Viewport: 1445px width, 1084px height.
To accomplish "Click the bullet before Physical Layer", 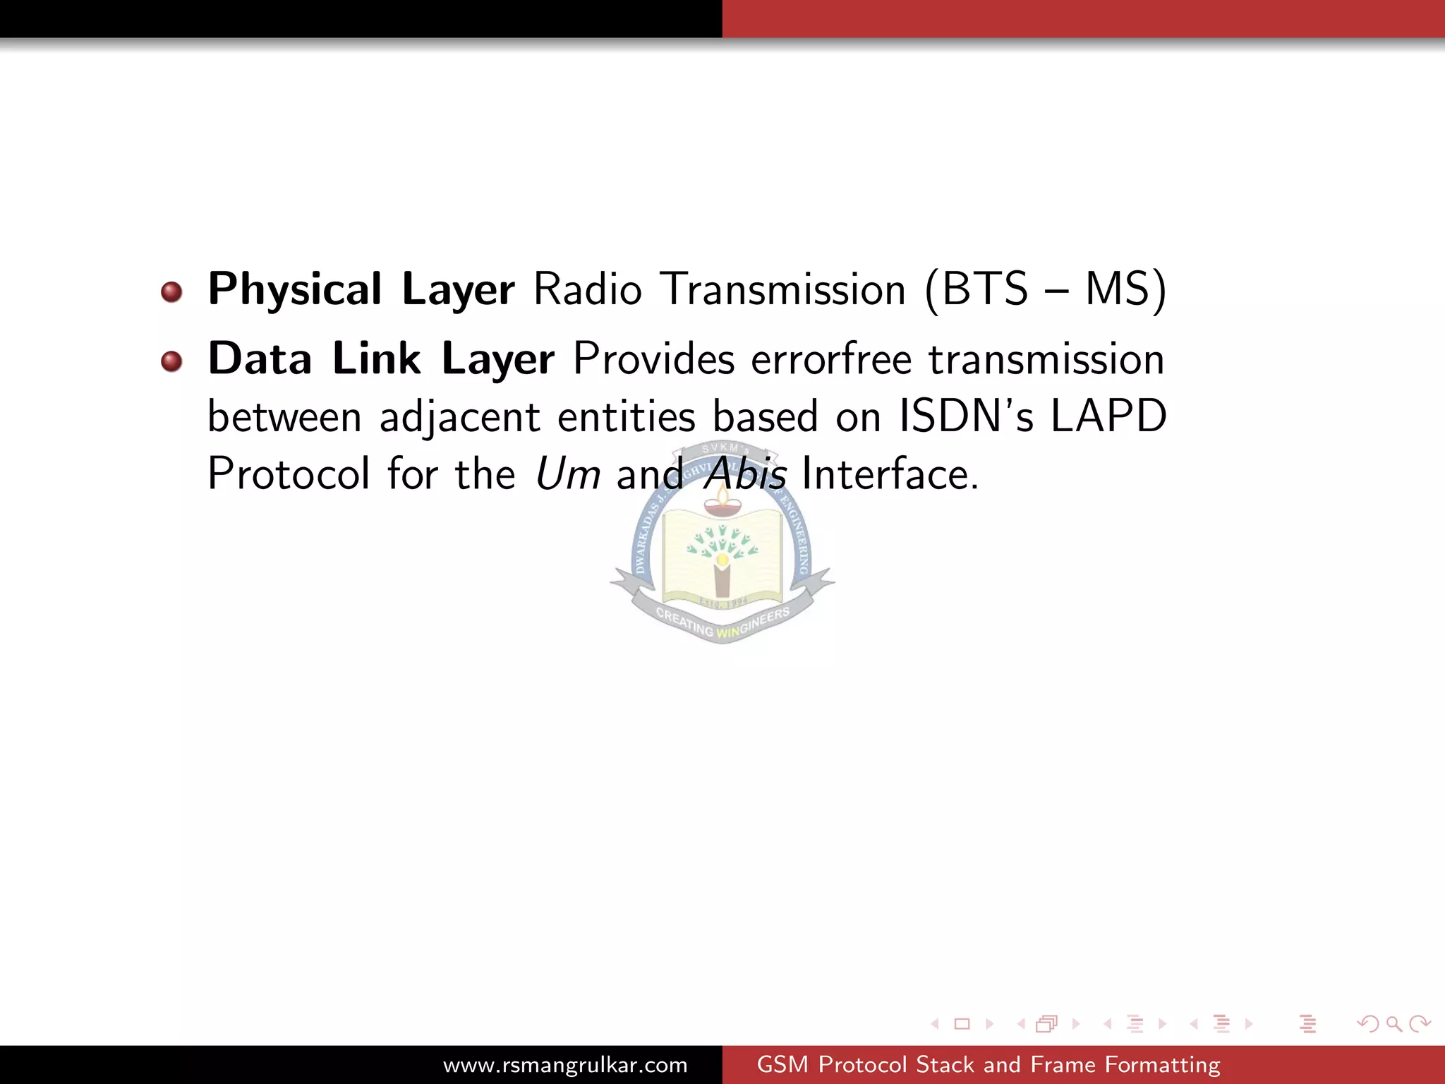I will click(171, 291).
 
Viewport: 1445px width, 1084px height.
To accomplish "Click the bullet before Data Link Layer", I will click(171, 361).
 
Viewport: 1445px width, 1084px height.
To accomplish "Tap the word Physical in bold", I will click(294, 289).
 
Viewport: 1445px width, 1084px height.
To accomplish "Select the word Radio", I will click(587, 289).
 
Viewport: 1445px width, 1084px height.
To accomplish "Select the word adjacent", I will click(460, 416).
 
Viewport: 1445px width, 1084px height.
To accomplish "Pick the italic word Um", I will click(567, 474).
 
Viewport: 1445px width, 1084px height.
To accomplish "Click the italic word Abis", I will click(745, 474).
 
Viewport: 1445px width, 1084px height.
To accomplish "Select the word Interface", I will click(890, 474).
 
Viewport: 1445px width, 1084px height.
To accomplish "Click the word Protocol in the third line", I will click(288, 474).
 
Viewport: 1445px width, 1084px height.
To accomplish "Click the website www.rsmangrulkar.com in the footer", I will click(565, 1064).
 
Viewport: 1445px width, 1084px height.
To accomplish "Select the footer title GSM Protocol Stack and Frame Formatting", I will click(988, 1064).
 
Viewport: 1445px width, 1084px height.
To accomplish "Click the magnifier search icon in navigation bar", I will click(1393, 1023).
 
